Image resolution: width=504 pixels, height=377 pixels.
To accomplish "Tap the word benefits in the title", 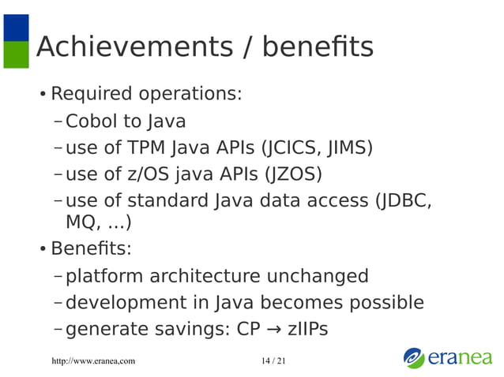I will click(316, 48).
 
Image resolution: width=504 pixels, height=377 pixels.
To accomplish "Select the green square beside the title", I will click(16, 54).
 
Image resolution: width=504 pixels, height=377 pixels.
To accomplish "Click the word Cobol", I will click(92, 121).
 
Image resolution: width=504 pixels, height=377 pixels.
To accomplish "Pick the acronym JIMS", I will click(348, 147).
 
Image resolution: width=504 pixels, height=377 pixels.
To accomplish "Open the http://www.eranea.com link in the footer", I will click(92, 360).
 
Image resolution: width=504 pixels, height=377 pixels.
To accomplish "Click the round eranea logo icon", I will click(414, 357).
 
